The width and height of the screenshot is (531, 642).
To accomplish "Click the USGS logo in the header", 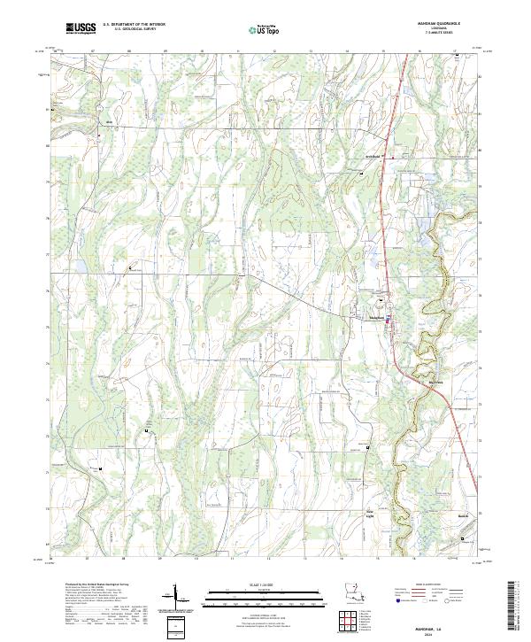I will click(80, 28).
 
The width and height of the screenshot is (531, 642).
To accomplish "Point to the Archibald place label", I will click(372, 156).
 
